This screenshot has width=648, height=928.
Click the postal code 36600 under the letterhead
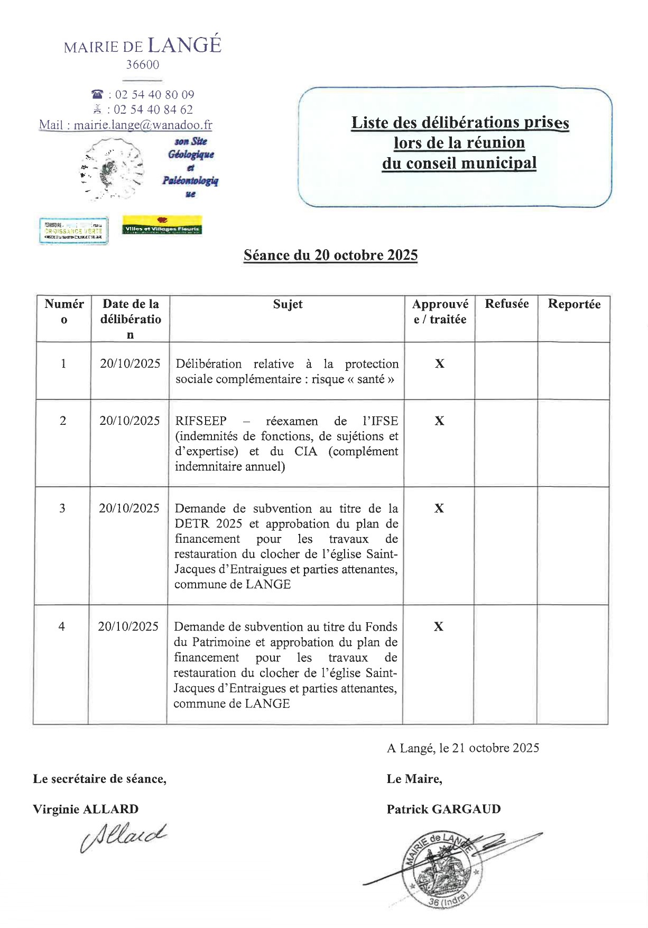click(x=142, y=65)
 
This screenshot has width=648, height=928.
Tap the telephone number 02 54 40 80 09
click(x=154, y=95)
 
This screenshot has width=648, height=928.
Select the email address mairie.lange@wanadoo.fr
click(x=143, y=125)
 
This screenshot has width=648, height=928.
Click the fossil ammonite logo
click(x=113, y=168)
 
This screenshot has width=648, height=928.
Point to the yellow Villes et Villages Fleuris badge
click(x=162, y=225)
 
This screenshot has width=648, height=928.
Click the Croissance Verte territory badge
click(x=73, y=230)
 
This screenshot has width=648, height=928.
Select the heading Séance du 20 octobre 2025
click(x=330, y=255)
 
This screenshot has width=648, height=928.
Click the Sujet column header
click(x=288, y=304)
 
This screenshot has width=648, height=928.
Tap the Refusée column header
click(x=506, y=304)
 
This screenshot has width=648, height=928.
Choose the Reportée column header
click(x=574, y=304)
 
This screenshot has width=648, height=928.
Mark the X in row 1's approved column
click(x=439, y=363)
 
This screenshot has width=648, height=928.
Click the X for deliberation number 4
click(x=438, y=626)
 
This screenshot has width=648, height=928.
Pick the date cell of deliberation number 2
click(x=129, y=421)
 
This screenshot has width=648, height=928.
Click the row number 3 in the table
click(x=62, y=508)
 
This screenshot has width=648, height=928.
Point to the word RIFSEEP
click(x=201, y=421)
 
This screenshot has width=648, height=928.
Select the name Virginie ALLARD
click(x=86, y=809)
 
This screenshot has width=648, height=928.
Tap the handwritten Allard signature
click(x=124, y=836)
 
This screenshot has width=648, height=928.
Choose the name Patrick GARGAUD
click(x=443, y=809)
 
